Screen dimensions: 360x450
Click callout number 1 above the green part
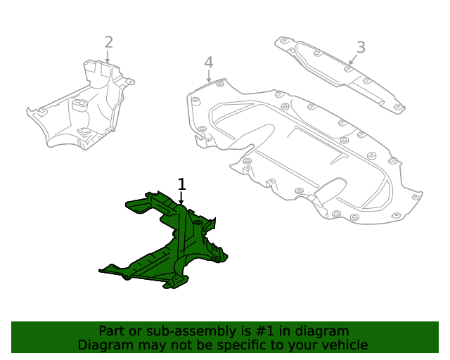(x=182, y=184)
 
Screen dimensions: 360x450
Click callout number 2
(x=108, y=42)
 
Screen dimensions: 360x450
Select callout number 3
(x=361, y=47)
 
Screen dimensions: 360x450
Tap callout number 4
(x=209, y=63)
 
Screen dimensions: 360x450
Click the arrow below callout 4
(x=210, y=77)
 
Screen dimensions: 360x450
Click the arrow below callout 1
(x=181, y=199)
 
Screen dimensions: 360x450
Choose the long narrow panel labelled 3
(x=337, y=70)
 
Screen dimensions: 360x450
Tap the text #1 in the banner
(x=269, y=330)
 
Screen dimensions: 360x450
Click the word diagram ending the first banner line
(x=321, y=330)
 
